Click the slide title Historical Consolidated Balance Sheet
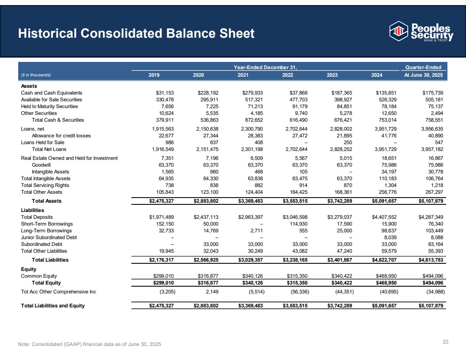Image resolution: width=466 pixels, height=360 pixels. [x=136, y=33]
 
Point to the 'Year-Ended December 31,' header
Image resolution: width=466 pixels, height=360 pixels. [x=266, y=67]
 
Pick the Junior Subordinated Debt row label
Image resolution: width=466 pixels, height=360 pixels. [x=49, y=237]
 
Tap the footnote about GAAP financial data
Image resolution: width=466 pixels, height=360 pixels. [x=89, y=343]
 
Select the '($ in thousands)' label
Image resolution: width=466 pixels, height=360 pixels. [x=36, y=75]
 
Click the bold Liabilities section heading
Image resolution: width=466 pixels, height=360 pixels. [x=33, y=210]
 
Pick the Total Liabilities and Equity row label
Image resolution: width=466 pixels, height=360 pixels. [x=53, y=306]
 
